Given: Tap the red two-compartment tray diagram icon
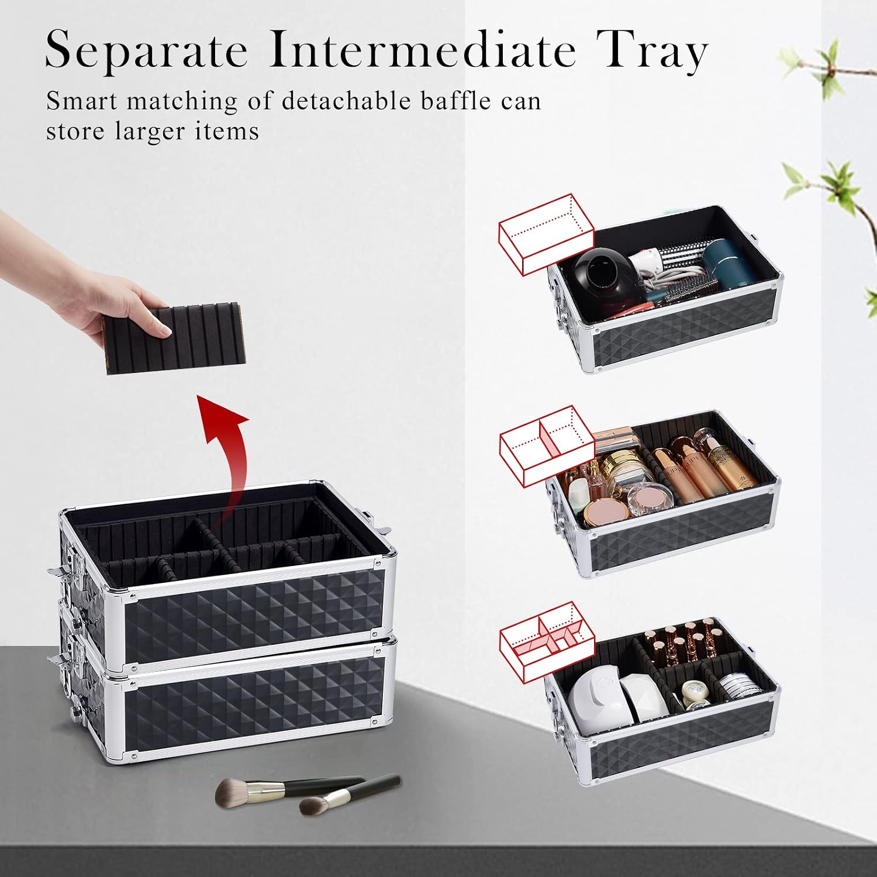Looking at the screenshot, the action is coord(546,446).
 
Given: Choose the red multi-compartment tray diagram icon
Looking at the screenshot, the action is coord(546,641).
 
